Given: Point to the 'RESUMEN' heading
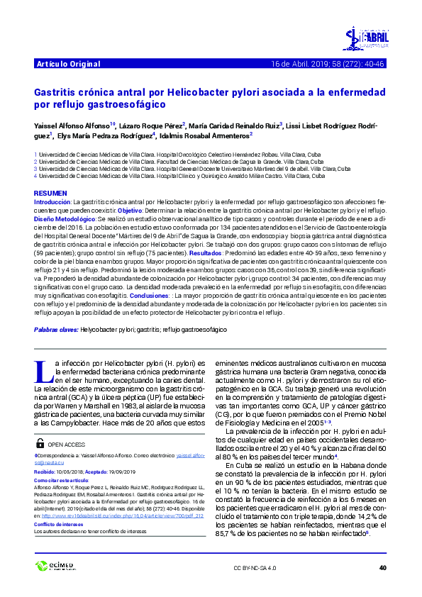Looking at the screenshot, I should click(x=50, y=193).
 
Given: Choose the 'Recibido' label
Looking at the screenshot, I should click(x=46, y=471).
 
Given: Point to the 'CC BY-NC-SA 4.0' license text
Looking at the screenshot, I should click(x=255, y=568).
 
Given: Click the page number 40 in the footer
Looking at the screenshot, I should click(x=383, y=568).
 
